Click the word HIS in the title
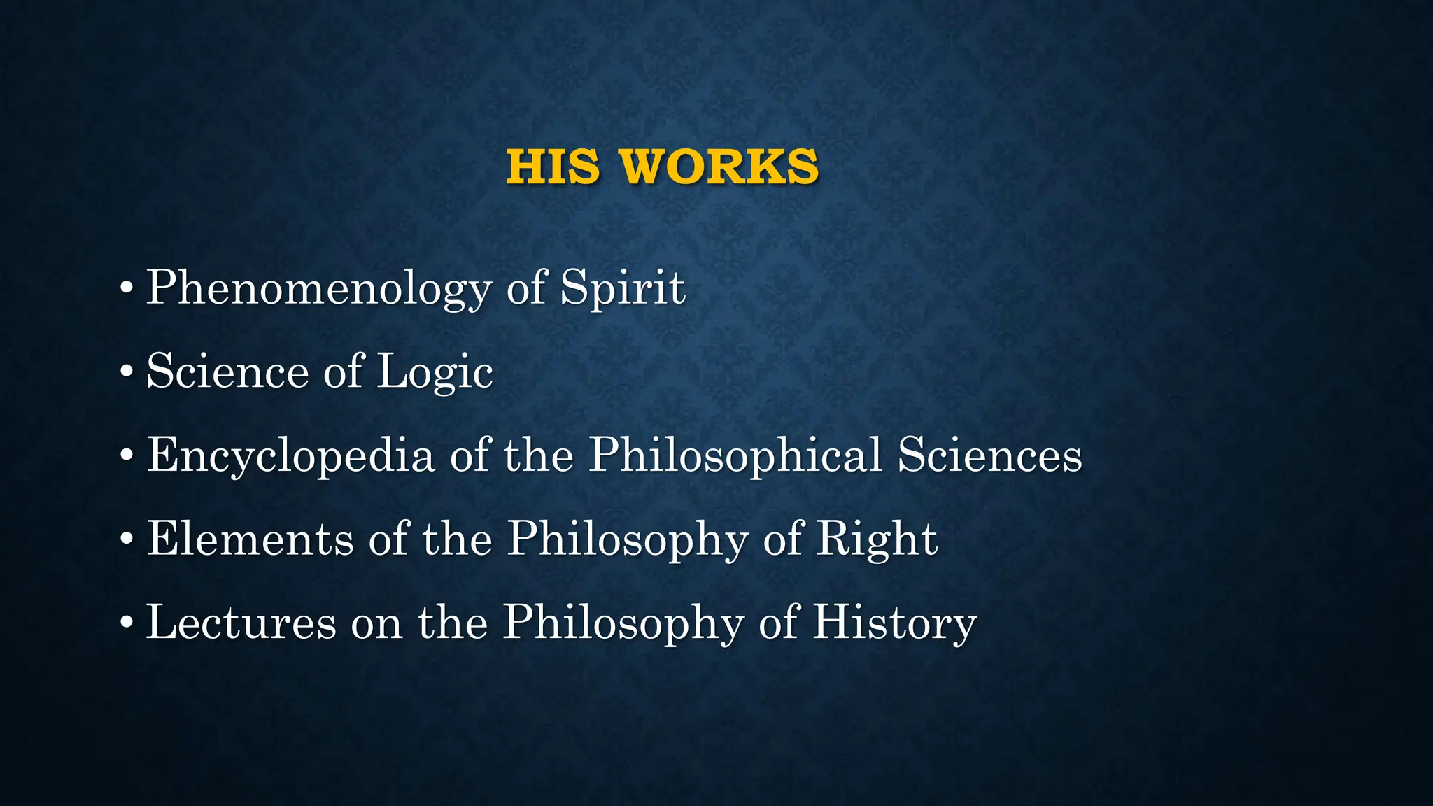click(x=553, y=167)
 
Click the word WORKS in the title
click(x=719, y=167)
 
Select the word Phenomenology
click(x=319, y=288)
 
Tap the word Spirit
click(x=623, y=287)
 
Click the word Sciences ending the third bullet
click(x=990, y=455)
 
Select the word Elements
click(x=250, y=539)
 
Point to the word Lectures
click(x=241, y=622)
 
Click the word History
click(x=894, y=623)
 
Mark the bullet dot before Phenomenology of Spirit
click(x=126, y=288)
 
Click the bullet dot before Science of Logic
click(x=126, y=372)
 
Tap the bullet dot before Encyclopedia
click(x=126, y=456)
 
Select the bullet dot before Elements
click(x=126, y=540)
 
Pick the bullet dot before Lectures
click(x=126, y=623)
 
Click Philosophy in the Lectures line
click(x=623, y=623)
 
